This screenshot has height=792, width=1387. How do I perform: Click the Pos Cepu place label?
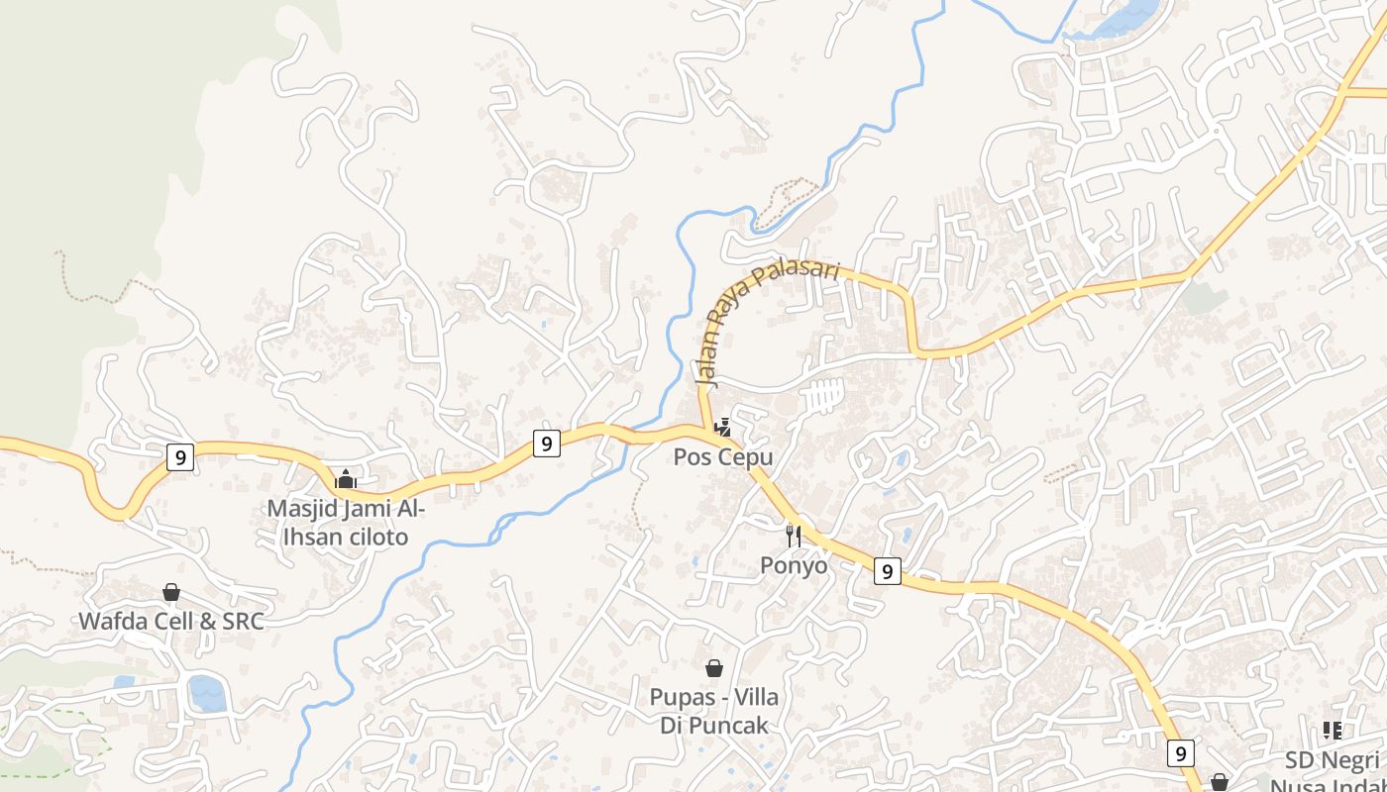tap(723, 457)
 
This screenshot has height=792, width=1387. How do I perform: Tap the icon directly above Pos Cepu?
tap(723, 428)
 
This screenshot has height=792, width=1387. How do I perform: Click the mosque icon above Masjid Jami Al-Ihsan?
tap(345, 479)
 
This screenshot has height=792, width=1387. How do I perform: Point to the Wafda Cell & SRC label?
tap(171, 622)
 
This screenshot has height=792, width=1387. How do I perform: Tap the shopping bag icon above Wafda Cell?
tap(171, 592)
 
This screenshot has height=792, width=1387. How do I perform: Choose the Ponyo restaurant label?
tap(794, 565)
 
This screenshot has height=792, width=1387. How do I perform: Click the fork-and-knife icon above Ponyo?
tap(794, 536)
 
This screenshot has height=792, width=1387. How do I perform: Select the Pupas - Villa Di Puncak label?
tap(713, 711)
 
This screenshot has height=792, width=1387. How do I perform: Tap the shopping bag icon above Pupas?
tap(713, 669)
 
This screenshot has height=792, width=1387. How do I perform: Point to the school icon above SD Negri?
tap(1333, 731)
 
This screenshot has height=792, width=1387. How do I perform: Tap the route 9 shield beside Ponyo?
tap(888, 570)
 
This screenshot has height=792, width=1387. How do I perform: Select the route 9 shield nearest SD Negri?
tap(1180, 753)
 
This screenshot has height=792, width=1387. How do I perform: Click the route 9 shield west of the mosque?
tap(179, 456)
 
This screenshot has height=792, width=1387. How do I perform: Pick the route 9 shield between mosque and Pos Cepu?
tap(546, 443)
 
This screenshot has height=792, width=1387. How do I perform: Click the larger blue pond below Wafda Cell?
tap(207, 693)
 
